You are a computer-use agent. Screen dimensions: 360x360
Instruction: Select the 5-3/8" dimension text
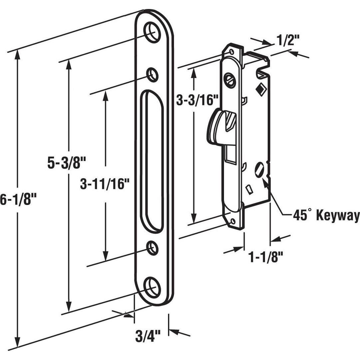pyautogui.click(x=67, y=163)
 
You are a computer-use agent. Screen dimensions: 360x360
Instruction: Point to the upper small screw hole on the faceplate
pyautogui.click(x=152, y=74)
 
